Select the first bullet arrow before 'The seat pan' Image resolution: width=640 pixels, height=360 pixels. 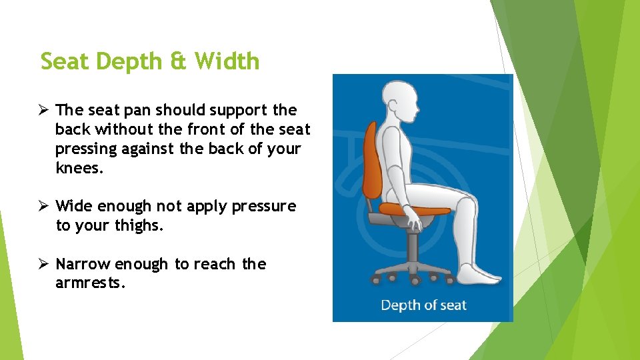pos(45,110)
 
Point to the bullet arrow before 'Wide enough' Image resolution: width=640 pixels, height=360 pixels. pos(45,207)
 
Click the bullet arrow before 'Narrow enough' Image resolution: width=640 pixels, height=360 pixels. pos(45,265)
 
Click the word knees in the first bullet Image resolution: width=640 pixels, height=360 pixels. pos(79,168)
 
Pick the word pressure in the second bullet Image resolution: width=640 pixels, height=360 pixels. pos(263,207)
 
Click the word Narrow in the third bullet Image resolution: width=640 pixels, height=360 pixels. pos(83,265)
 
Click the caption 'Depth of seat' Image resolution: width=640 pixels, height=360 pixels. pos(423,305)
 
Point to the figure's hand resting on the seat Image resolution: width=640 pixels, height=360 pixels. pos(413,221)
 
